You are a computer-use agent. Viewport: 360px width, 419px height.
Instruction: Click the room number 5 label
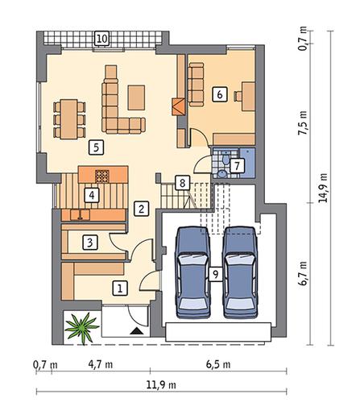96,147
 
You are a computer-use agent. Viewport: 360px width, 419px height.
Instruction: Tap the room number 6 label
220,94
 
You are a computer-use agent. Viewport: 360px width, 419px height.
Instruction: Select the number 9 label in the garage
215,274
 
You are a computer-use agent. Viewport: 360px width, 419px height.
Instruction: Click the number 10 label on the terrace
102,39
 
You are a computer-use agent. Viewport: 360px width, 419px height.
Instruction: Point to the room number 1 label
120,288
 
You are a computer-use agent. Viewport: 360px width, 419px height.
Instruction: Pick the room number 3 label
90,243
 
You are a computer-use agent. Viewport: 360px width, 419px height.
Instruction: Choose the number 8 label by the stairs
182,183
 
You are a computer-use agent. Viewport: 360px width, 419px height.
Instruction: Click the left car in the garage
192,272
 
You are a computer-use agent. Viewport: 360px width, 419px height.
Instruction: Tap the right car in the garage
240,272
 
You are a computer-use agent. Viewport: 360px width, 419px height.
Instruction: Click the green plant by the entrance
81,328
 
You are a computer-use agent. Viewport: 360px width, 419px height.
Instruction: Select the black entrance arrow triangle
136,331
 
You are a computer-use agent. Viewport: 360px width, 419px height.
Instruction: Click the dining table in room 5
69,119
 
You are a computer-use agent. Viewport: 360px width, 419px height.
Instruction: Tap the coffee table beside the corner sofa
136,97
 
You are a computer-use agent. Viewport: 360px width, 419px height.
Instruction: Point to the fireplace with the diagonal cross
179,107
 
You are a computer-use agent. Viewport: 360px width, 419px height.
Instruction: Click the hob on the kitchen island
102,176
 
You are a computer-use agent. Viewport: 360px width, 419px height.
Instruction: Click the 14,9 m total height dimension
323,188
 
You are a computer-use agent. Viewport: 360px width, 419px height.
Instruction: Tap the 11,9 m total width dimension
161,385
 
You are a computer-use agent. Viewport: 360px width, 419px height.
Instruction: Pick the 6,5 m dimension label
218,364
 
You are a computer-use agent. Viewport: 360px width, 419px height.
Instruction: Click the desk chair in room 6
238,96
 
